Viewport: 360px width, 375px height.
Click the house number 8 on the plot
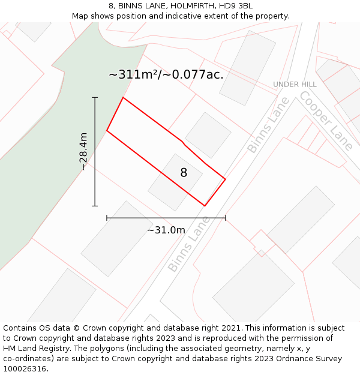pos(184,173)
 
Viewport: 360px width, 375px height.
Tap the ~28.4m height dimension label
pos(83,151)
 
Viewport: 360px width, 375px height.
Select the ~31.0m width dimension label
pos(166,230)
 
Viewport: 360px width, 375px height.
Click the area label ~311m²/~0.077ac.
pos(166,75)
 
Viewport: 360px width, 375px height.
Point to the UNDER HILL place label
pos(295,85)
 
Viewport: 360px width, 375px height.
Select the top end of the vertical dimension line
pos(95,97)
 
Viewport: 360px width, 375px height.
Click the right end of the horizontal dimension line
pos(225,218)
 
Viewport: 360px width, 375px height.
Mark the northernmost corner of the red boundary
pos(123,97)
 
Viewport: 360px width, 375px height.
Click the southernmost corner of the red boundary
pos(205,206)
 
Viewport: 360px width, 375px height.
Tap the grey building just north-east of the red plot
pos(208,135)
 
